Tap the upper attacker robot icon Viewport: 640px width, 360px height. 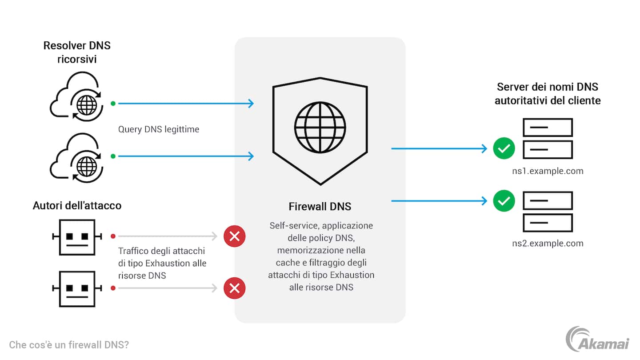coord(77,237)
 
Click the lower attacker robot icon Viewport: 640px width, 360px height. coord(77,288)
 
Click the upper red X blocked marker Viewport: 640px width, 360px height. coord(235,236)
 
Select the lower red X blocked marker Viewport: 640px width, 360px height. coord(235,288)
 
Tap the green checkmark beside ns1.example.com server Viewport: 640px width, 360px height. coord(504,149)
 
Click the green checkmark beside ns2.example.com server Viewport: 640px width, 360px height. coord(504,201)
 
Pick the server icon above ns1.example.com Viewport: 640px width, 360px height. coord(548,138)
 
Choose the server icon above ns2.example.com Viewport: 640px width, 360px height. coord(548,212)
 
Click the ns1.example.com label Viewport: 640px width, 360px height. coord(548,171)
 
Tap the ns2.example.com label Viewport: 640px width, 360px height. coord(548,243)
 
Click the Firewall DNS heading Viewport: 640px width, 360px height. coord(320,207)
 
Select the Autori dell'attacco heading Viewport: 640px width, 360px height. coord(77,205)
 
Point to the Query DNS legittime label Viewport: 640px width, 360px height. coord(159,129)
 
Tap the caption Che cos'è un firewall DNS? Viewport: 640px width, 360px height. coord(69,344)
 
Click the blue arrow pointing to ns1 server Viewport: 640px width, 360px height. coord(439,149)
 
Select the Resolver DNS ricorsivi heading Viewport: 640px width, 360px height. coord(77,52)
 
